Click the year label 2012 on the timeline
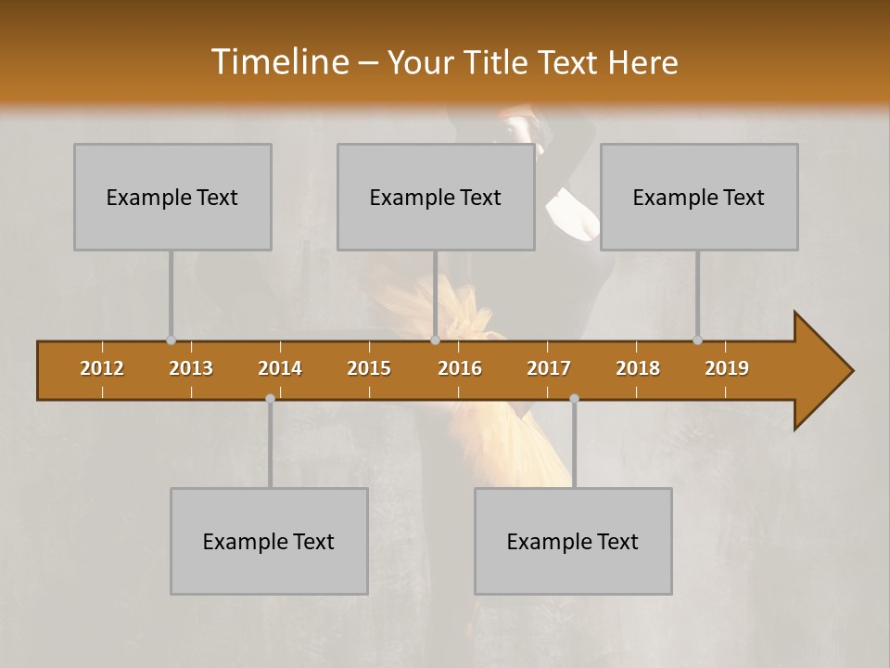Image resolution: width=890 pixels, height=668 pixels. pos(102,368)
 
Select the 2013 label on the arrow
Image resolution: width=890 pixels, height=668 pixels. pos(191,368)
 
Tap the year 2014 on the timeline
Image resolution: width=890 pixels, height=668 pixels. pos(280,368)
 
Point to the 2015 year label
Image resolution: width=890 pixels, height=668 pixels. pos(369,368)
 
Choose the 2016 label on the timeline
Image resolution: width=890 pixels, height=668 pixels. pos(460,368)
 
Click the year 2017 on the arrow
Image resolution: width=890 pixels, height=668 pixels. pos(549,368)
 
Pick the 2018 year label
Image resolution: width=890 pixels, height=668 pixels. pos(638,368)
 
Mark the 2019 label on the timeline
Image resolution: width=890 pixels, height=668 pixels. pos(727,368)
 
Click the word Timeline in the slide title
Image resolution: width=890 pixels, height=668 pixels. pos(278,62)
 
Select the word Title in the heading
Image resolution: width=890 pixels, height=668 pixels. pos(500,63)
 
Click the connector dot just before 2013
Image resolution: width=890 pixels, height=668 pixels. pos(171,340)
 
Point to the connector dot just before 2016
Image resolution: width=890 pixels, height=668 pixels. pos(435,340)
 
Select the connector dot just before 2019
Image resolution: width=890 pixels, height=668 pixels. pos(698,340)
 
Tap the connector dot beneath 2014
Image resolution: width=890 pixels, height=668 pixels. pos(270,398)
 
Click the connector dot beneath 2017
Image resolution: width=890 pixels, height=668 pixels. pos(574,398)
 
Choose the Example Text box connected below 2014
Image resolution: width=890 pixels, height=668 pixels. pos(269,541)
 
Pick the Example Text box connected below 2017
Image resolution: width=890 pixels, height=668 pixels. pos(573,541)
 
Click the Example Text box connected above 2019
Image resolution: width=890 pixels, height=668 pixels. pos(699,197)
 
